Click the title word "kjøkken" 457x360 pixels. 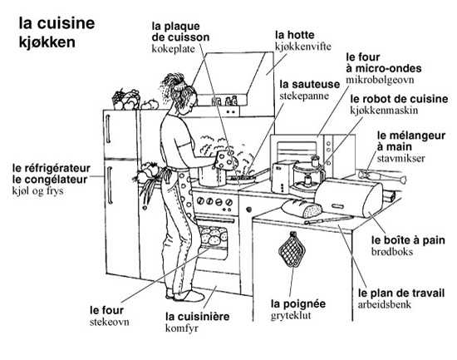click(47, 42)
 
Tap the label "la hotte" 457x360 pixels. click(295, 35)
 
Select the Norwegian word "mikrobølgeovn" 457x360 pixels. click(380, 80)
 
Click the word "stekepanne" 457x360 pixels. click(304, 96)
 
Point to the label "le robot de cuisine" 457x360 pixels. click(399, 99)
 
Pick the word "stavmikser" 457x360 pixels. click(400, 158)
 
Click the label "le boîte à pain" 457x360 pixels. click(408, 240)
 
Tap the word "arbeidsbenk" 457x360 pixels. click(385, 304)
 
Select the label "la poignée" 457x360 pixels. click(298, 303)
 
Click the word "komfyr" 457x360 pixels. click(182, 328)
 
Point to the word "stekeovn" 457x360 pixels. click(110, 322)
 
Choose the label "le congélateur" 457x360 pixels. click(50, 180)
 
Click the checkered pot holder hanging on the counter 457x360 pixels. click(292, 250)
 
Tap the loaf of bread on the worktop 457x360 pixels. click(302, 209)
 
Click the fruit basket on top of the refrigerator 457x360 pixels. click(126, 100)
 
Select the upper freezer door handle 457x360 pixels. click(108, 129)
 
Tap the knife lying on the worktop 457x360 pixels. click(329, 219)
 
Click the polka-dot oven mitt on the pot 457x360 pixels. click(225, 160)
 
